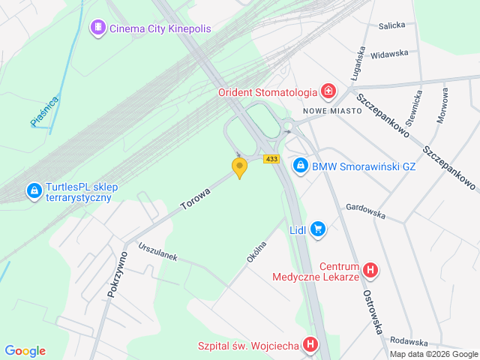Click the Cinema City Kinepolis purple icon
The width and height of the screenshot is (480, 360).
[x=97, y=28]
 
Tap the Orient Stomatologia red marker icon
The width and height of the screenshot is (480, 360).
[x=328, y=92]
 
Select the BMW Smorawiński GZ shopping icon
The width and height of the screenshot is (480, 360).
[x=300, y=164]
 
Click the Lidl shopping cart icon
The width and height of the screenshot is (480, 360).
[x=318, y=229]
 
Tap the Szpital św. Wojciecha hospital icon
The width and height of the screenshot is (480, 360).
[x=311, y=346]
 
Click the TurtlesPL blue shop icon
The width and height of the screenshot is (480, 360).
[x=34, y=192]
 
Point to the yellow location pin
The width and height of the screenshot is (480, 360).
[x=239, y=168]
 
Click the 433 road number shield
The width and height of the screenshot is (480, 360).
[x=271, y=158]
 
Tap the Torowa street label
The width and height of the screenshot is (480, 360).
[x=195, y=199]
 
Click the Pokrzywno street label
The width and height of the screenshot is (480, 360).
[x=117, y=274]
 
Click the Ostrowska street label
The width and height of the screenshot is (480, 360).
[x=374, y=311]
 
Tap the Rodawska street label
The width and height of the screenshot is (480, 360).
[x=408, y=341]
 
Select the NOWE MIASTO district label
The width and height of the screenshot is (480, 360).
[x=332, y=110]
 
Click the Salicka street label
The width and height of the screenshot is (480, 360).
[x=391, y=25]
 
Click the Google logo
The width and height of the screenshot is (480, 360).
[x=25, y=351]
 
